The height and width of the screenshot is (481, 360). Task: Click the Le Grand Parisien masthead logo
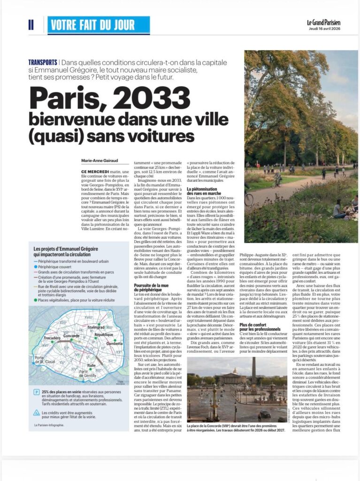pyautogui.click(x=323, y=22)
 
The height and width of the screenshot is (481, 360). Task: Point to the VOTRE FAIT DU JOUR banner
pyautogui.click(x=99, y=25)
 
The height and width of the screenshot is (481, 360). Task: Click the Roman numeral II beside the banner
pyautogui.click(x=31, y=25)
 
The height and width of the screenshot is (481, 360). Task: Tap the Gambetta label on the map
pyautogui.click(x=115, y=343)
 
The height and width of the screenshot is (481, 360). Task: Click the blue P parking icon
pyautogui.click(x=36, y=392)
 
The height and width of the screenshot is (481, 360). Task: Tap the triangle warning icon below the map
pyautogui.click(x=36, y=413)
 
